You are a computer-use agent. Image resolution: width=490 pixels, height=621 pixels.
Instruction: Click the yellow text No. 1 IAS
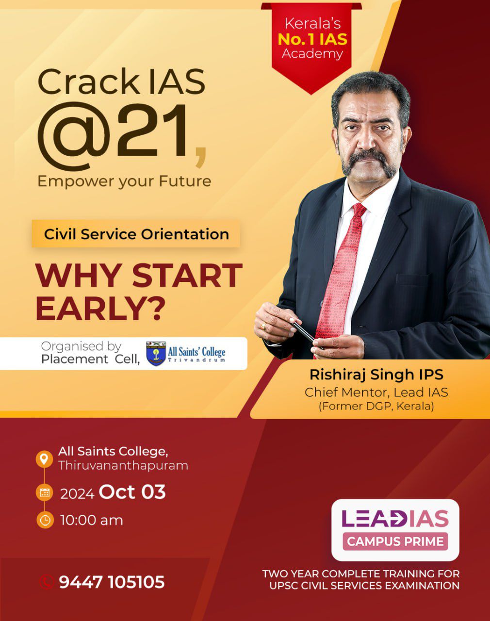tap(312, 39)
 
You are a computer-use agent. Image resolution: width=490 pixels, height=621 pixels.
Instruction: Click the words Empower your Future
tap(124, 182)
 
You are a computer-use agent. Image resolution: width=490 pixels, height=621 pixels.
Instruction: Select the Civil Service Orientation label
tap(136, 234)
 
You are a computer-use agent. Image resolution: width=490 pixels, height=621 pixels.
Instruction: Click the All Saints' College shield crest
tap(156, 354)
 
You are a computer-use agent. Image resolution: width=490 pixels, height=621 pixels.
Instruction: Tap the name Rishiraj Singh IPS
tap(376, 375)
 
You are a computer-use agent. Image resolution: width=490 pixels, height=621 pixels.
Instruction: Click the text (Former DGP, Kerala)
tap(376, 406)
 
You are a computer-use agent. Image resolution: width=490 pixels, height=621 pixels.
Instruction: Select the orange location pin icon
tap(44, 458)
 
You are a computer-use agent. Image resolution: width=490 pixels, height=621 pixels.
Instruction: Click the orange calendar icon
tap(45, 492)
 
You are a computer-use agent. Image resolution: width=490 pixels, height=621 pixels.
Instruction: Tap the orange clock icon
tap(45, 520)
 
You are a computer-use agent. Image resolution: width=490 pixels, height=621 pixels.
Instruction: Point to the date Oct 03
tap(132, 492)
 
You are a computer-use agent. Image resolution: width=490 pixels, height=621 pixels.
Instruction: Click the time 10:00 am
tap(92, 521)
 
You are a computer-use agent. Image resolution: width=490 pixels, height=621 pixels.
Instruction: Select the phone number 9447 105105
tap(112, 582)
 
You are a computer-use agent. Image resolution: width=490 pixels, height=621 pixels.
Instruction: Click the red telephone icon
tap(46, 582)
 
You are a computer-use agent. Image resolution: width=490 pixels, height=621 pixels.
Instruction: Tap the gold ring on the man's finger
tap(263, 327)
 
